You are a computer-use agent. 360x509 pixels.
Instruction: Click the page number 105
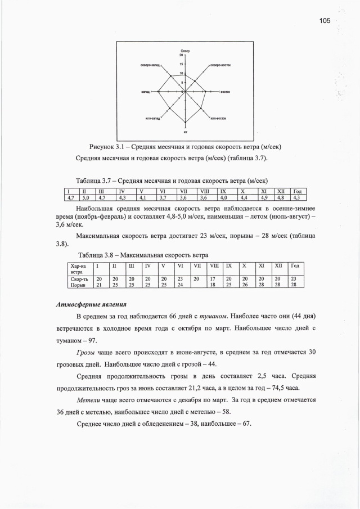[324, 21]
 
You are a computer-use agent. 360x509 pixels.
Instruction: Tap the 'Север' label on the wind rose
[185, 51]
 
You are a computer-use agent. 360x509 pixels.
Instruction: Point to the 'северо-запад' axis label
[150, 65]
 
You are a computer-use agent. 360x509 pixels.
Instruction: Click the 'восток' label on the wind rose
[225, 91]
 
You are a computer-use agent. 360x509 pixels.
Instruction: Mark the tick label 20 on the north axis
[181, 56]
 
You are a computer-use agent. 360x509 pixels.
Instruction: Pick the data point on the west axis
[159, 91]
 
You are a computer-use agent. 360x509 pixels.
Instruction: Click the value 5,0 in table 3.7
[85, 197]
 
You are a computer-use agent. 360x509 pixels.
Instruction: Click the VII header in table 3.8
[197, 265]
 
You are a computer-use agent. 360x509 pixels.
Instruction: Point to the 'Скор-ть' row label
[76, 278]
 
